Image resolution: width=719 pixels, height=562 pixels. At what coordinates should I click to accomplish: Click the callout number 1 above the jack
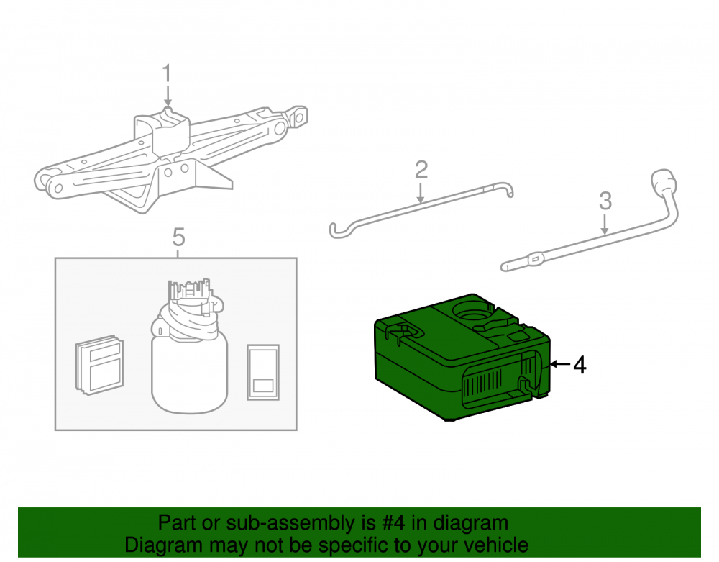coord(167,73)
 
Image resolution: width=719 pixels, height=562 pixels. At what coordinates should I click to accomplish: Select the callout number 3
coord(605,201)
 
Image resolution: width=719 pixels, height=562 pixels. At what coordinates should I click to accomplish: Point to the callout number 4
coord(580,365)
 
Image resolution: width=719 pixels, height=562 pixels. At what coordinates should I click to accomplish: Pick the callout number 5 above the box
coord(178,237)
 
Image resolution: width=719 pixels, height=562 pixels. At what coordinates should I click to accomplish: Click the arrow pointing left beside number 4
coord(560,364)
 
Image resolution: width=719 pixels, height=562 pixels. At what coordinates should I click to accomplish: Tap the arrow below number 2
coord(420,192)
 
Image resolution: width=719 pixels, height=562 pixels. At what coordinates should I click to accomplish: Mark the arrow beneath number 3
coord(605,224)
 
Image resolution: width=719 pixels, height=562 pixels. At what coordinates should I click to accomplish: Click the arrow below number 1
coord(168,96)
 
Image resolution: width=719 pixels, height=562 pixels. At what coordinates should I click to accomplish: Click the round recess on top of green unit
coord(472,312)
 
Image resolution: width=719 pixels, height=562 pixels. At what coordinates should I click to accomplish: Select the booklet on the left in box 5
coord(99,365)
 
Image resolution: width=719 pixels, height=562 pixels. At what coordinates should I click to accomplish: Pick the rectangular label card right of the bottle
coord(263,372)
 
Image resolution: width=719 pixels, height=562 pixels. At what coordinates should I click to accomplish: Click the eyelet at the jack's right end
coord(298,117)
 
